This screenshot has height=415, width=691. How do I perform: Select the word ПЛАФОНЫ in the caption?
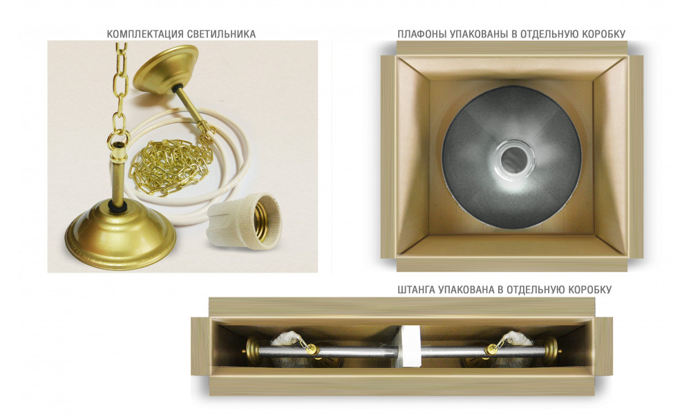[x=419, y=34]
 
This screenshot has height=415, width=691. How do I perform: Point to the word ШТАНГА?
[x=416, y=290]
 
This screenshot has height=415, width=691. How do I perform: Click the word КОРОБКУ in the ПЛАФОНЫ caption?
[x=604, y=34]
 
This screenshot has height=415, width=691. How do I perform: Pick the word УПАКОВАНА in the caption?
[x=466, y=290]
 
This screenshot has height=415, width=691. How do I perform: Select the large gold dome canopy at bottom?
[x=120, y=234]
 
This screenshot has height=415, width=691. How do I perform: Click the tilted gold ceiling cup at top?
[x=164, y=71]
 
